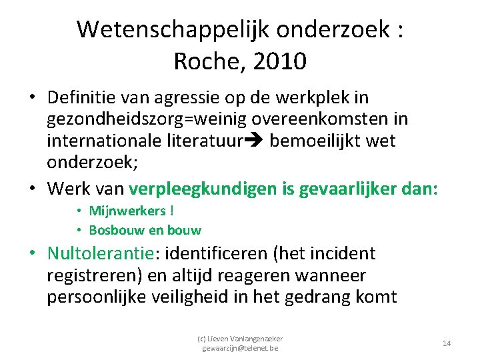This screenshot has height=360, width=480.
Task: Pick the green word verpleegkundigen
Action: (x=204, y=189)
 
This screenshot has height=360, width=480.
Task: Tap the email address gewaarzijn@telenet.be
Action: (x=241, y=348)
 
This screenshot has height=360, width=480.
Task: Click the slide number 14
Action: (x=447, y=343)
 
